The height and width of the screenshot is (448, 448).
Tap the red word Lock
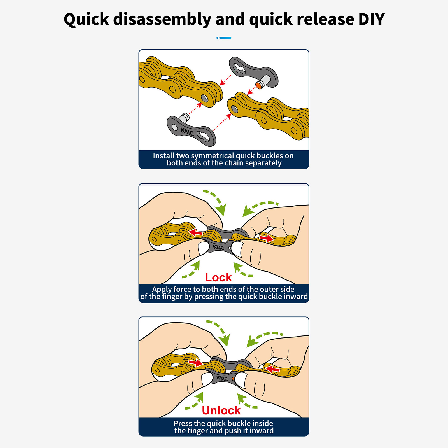pos(218,277)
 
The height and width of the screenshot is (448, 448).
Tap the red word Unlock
pos(221,410)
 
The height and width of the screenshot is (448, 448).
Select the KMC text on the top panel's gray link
pos(187,132)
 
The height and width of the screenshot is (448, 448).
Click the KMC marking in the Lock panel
pos(219,247)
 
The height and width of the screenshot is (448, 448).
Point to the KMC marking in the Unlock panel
pos(222,379)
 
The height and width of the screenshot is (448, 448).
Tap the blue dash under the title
pos(224,38)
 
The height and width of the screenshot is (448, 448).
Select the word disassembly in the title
pos(162,20)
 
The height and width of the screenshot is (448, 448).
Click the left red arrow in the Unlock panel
pos(196,363)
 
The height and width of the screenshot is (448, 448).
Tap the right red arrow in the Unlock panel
pos(273,369)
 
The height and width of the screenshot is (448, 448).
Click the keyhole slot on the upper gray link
pos(239,69)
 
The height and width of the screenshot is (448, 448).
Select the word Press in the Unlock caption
pos(183,423)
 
